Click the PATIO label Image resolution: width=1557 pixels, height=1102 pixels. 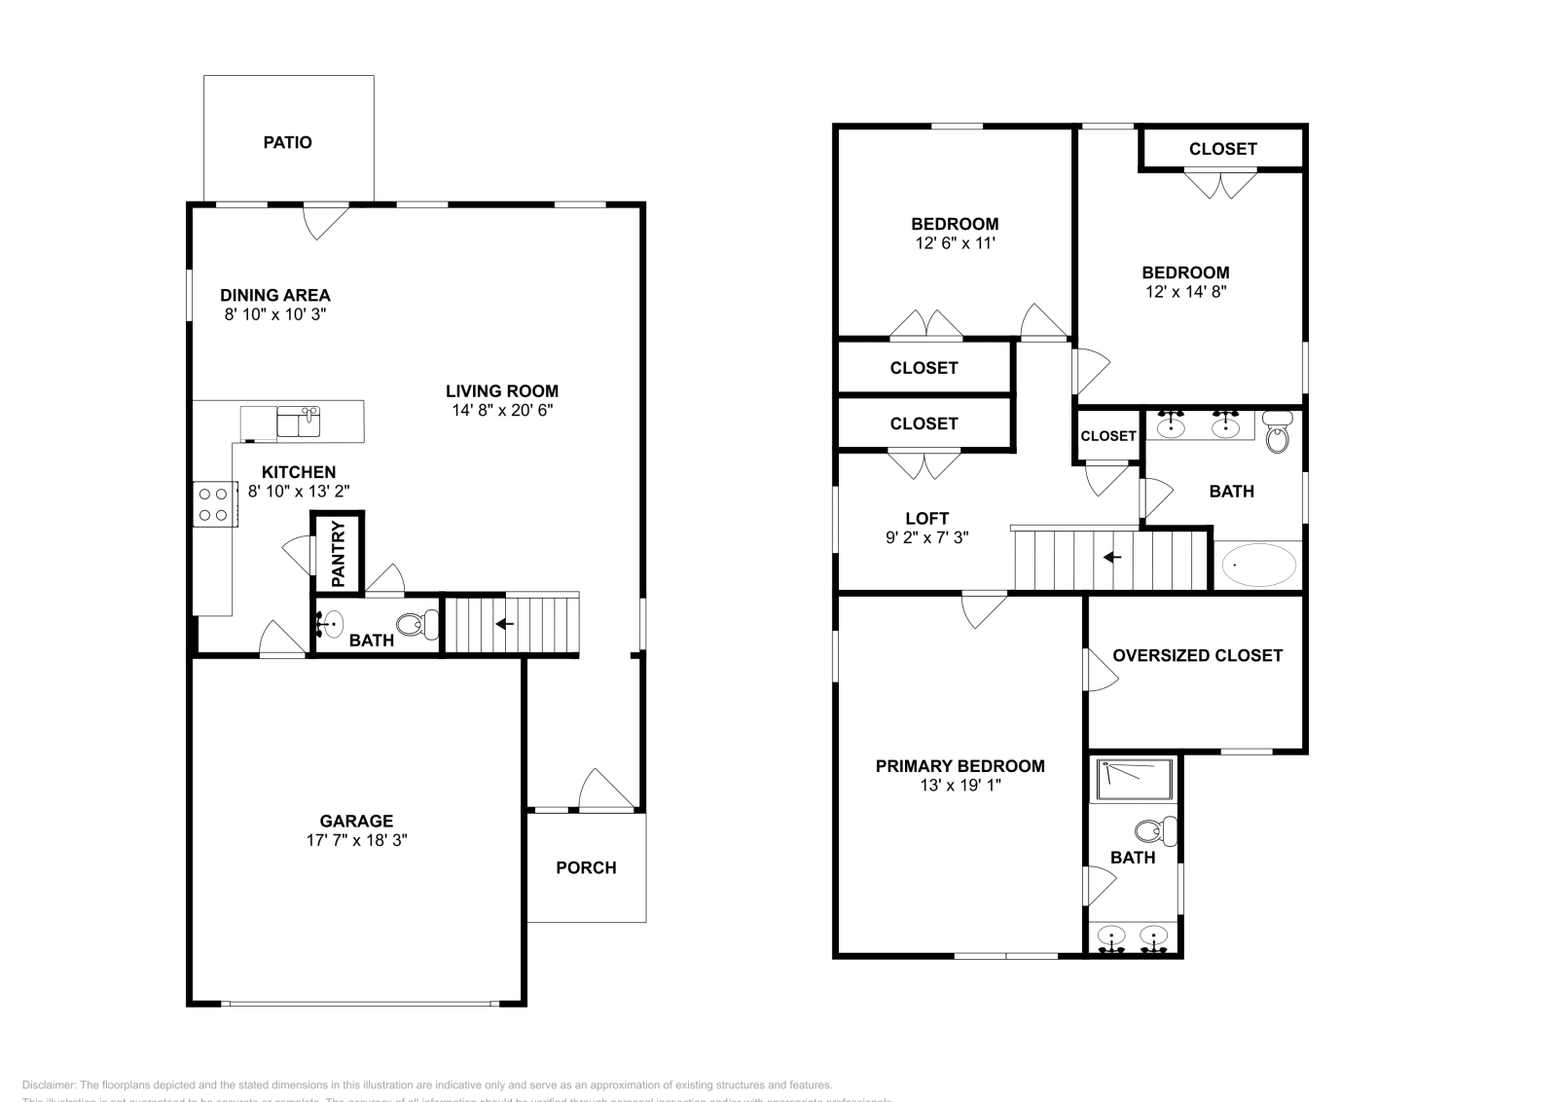(x=287, y=142)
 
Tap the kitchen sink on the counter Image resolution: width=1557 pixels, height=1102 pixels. (x=299, y=422)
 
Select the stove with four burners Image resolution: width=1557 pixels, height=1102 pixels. (x=213, y=504)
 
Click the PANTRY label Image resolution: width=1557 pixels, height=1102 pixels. (x=338, y=554)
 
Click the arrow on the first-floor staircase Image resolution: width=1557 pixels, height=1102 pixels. (x=504, y=623)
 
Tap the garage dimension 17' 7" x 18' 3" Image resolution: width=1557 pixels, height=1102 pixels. (x=356, y=840)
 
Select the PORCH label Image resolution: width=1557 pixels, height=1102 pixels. (x=586, y=867)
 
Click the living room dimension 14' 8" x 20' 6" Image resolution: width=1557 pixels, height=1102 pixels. (x=502, y=410)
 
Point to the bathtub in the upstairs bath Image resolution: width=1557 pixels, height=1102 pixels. (x=1258, y=564)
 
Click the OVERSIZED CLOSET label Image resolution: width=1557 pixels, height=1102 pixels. (x=1197, y=655)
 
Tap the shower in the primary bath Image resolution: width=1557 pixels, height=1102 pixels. (x=1132, y=778)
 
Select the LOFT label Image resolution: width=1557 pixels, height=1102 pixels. (x=926, y=519)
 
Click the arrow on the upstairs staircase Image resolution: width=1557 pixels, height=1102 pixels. (x=1112, y=558)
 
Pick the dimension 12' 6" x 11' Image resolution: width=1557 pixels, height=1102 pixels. (x=955, y=243)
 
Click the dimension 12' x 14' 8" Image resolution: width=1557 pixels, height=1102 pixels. (x=1185, y=291)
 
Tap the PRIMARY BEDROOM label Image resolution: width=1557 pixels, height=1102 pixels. (x=960, y=766)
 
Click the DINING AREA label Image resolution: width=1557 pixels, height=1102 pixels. (x=274, y=295)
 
